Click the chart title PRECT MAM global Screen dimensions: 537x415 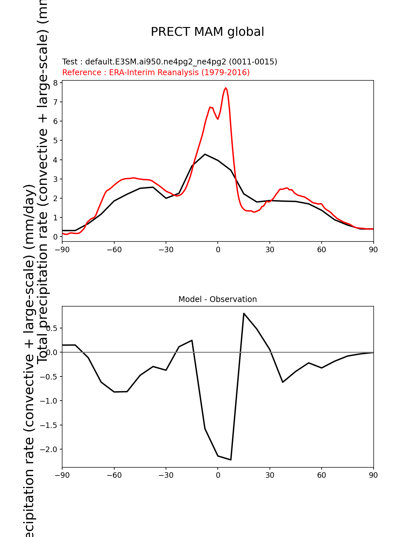point(207,32)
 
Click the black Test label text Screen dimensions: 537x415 point(170,62)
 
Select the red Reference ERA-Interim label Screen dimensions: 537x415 point(156,72)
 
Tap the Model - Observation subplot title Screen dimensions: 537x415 point(217,299)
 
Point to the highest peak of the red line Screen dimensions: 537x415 point(226,88)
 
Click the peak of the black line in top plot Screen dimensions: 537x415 point(205,154)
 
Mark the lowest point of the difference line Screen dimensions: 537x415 point(231,460)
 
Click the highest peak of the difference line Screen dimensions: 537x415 point(244,313)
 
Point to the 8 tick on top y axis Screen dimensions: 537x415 point(56,83)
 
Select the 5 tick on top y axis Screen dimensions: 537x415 point(56,141)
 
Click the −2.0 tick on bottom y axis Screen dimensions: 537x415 point(49,449)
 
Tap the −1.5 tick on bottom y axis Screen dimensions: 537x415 point(49,425)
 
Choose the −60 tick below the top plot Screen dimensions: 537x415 point(114,250)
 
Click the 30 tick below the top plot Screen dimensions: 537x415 point(270,250)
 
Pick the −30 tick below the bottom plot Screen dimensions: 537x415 point(166,475)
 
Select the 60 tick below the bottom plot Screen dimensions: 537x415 point(322,475)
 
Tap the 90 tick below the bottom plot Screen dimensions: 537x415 point(373,475)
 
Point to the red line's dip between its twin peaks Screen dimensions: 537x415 point(218,119)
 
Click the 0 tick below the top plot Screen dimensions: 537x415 point(218,250)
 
